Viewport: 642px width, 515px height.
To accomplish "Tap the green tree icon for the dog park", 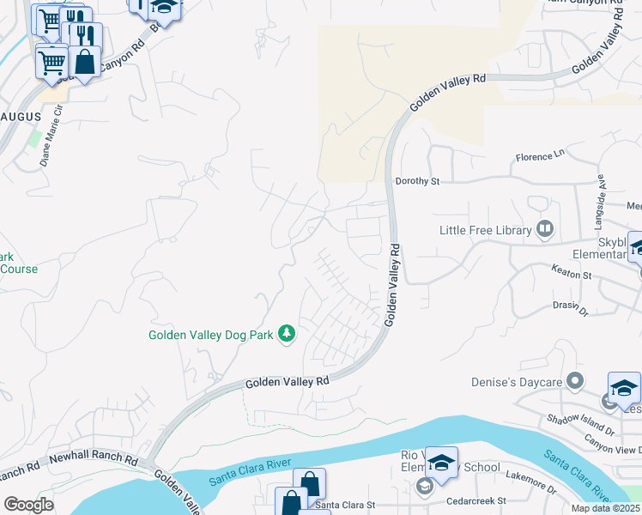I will (x=287, y=334).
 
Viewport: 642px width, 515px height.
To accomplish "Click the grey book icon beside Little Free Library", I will (x=544, y=229).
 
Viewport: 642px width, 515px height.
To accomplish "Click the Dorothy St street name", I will (x=417, y=181).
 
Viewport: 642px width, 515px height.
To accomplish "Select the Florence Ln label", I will (x=541, y=156).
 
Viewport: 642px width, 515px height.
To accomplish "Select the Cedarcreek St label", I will (x=476, y=500).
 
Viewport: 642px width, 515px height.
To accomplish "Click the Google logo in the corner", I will (x=28, y=504).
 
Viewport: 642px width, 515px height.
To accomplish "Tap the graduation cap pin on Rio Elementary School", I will (x=441, y=463).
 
